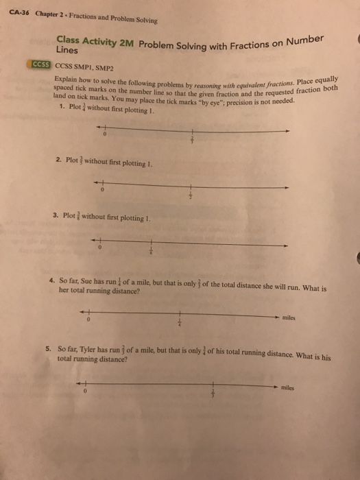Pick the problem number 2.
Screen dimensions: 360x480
[58, 163]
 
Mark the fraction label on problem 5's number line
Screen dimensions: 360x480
[213, 394]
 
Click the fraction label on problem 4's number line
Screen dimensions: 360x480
[180, 322]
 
